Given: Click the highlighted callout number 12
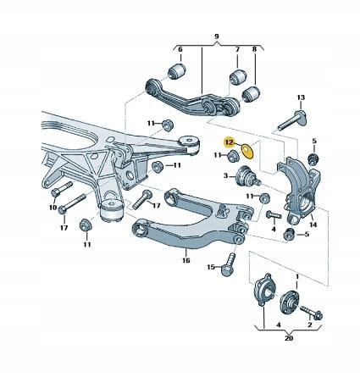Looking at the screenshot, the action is (230, 142).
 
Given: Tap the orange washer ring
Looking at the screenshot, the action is (247, 151).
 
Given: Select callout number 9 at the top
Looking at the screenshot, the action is (217, 36).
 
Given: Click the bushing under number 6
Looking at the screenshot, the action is (177, 71).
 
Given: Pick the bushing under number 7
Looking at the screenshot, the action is (238, 77).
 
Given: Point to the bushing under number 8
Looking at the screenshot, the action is (252, 94).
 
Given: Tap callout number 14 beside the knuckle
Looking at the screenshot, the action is (313, 225).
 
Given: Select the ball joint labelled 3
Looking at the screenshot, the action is (246, 176).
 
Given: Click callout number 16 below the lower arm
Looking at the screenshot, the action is (186, 260).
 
